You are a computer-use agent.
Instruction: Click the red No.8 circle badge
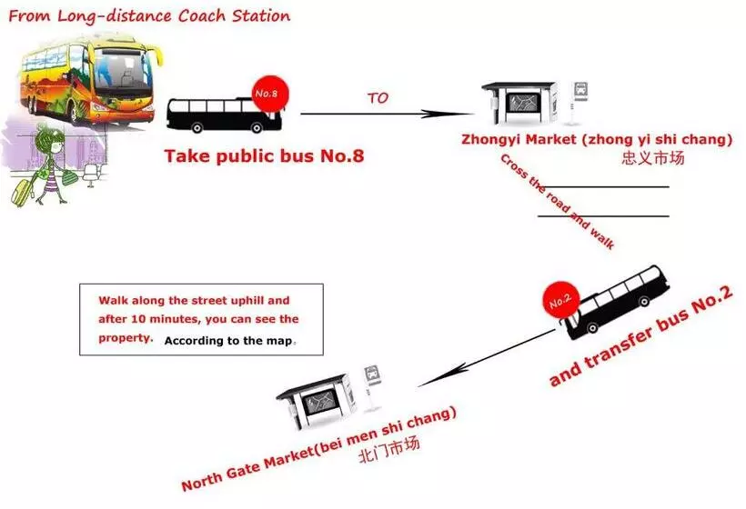270,95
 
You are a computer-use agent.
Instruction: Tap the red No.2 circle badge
561,300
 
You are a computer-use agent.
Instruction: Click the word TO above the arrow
378,98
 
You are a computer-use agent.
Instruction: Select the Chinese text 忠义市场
653,158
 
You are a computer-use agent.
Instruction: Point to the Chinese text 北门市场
389,449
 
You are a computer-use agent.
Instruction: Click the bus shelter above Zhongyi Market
519,103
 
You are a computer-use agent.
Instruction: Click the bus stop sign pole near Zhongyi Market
579,103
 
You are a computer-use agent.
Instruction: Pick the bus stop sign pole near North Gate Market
371,388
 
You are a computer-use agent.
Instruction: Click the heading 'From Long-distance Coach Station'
149,16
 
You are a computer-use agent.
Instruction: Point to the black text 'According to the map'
227,341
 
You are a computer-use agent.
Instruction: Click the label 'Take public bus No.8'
264,156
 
